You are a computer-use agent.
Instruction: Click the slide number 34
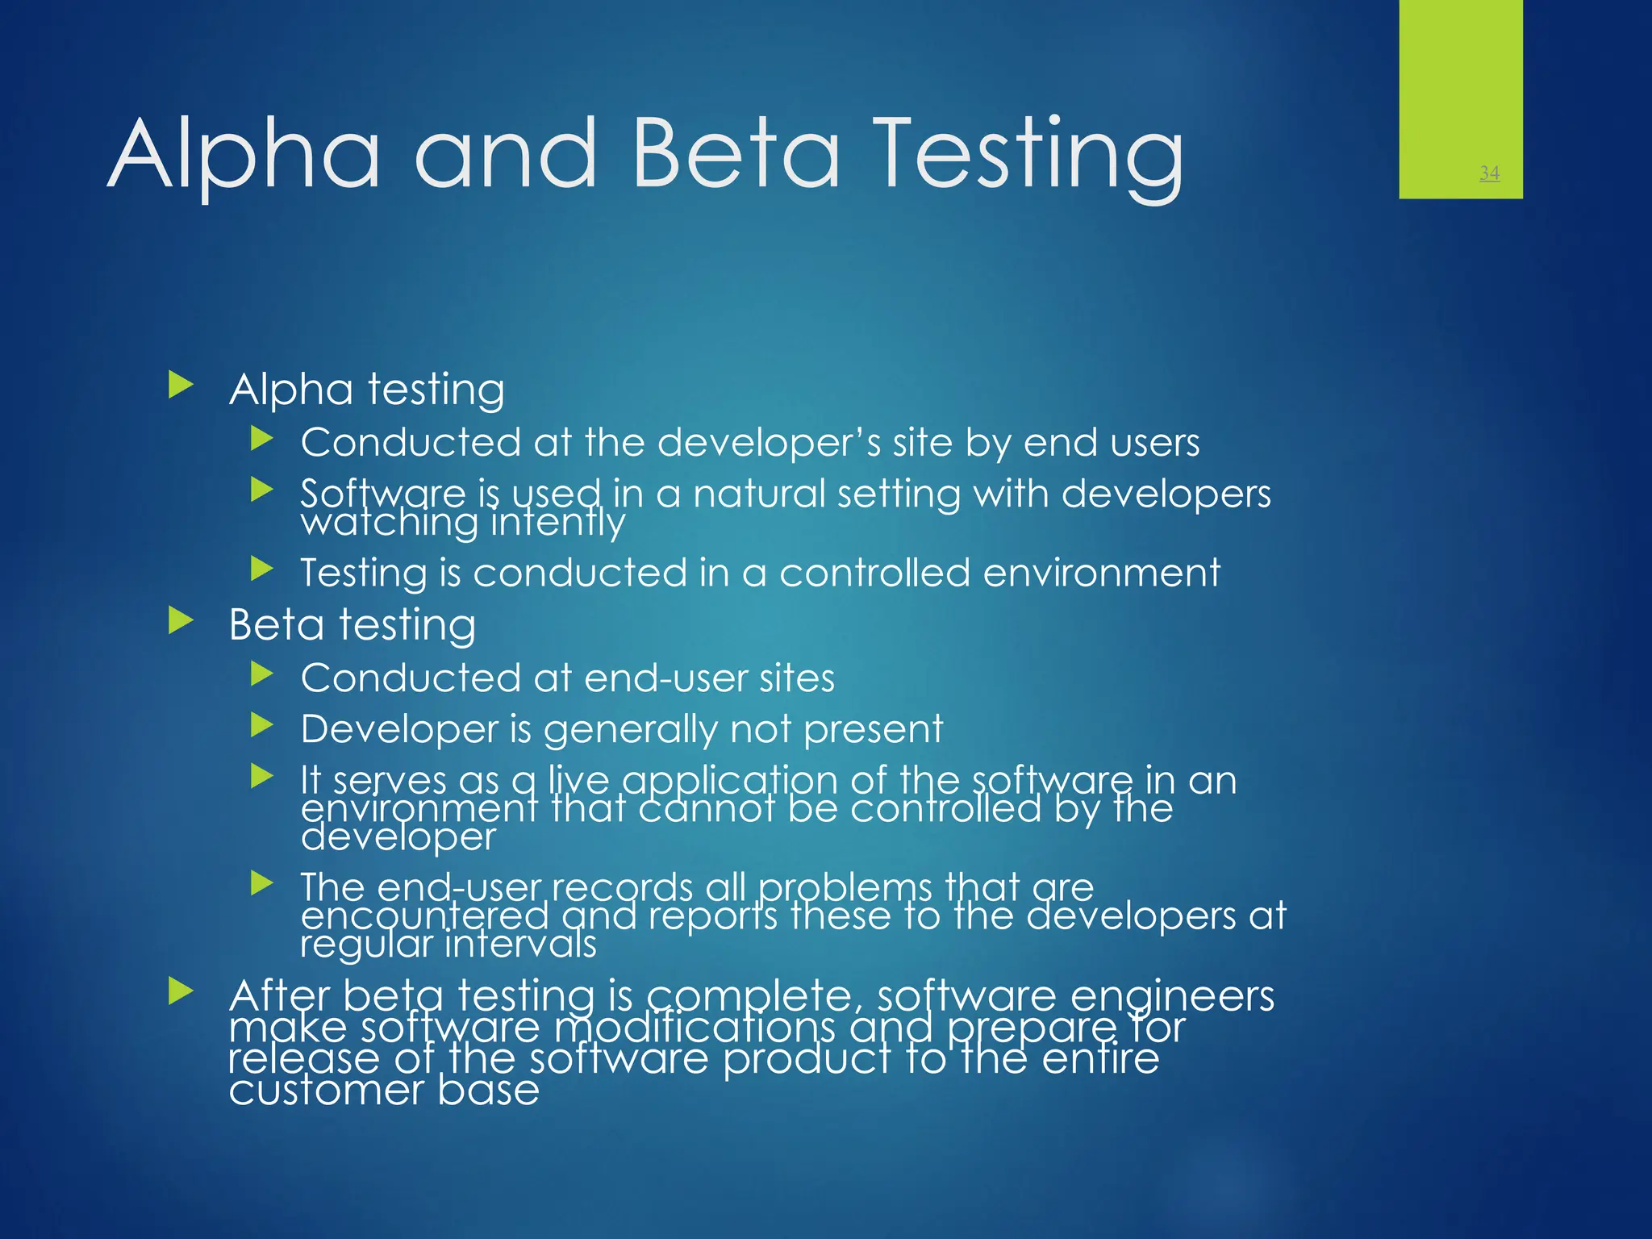pyautogui.click(x=1489, y=173)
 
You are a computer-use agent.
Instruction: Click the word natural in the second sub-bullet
pyautogui.click(x=758, y=494)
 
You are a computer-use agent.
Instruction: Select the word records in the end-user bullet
pyautogui.click(x=621, y=887)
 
